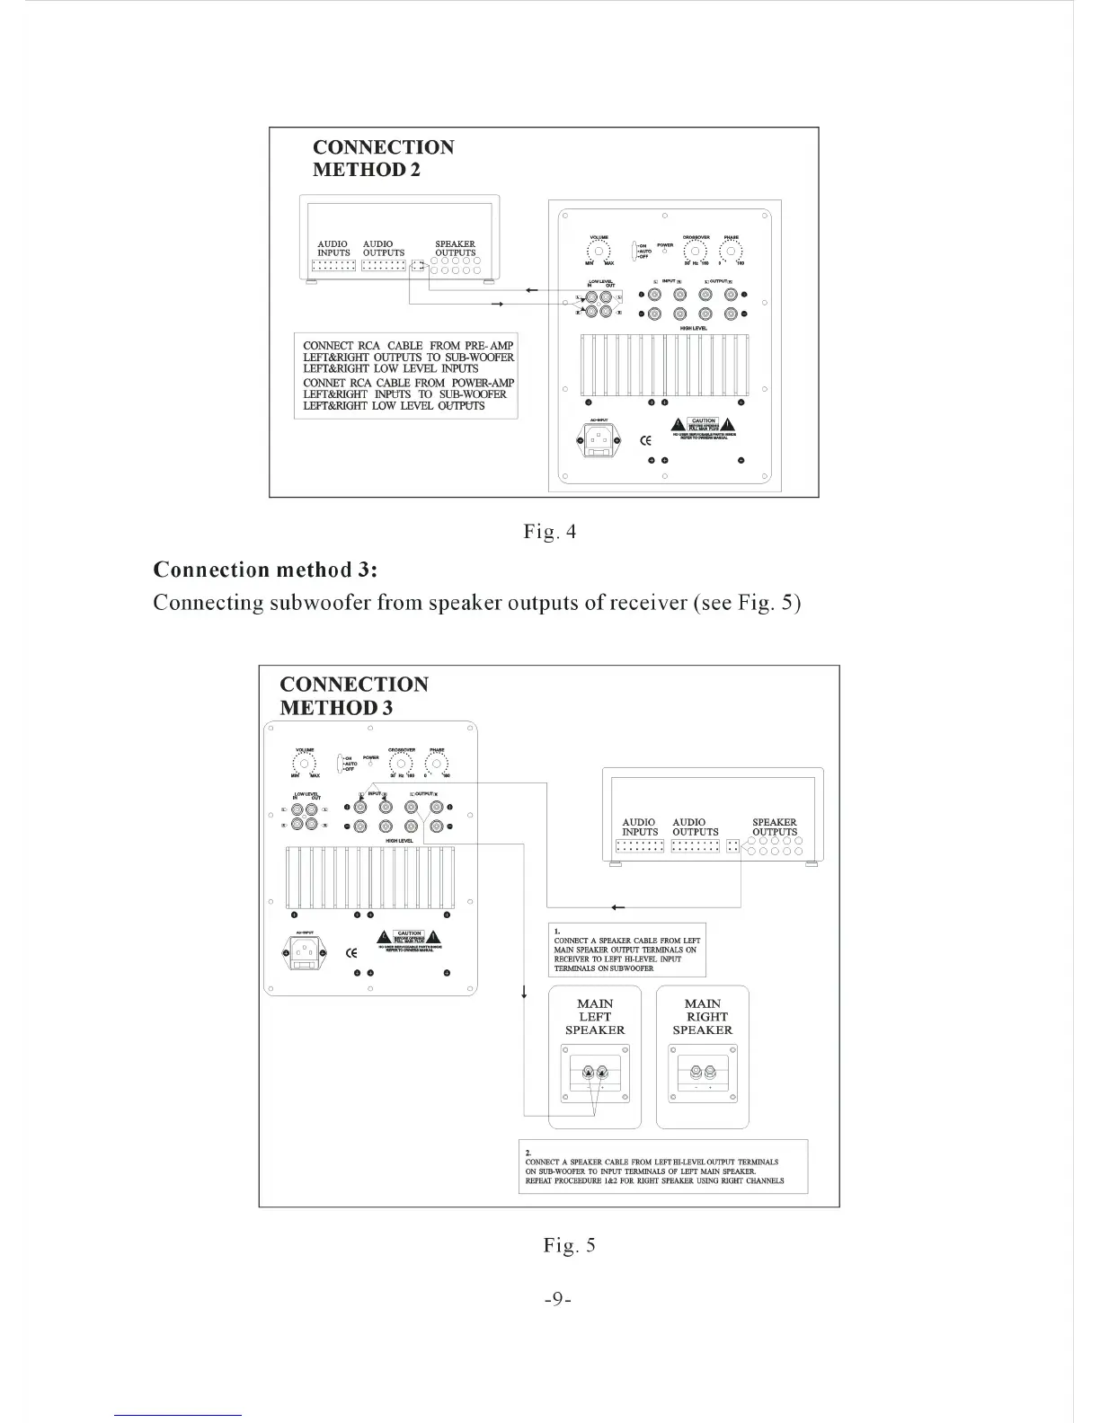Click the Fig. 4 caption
click(549, 532)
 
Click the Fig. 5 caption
click(569, 1245)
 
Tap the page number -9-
click(558, 1299)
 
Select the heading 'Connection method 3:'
click(265, 570)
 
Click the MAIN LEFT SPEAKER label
click(595, 1017)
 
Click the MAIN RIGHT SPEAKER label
click(703, 1017)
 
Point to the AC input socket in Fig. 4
click(598, 440)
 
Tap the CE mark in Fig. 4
click(644, 440)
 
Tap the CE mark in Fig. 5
click(352, 952)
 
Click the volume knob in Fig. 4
click(599, 252)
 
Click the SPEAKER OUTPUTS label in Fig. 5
click(775, 826)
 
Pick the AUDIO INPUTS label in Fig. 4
click(333, 248)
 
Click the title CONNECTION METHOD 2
click(383, 158)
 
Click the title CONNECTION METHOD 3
click(354, 695)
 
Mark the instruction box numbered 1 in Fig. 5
click(627, 950)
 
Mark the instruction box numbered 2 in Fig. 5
click(663, 1166)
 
